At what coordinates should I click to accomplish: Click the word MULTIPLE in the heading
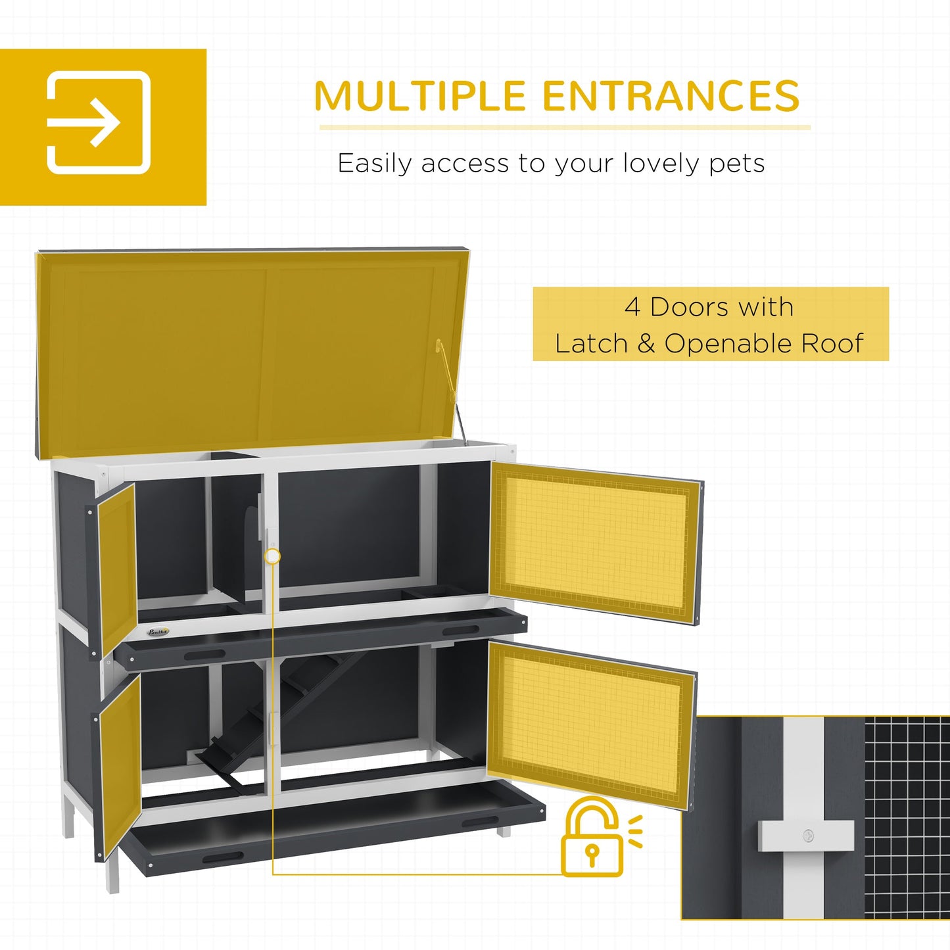click(420, 96)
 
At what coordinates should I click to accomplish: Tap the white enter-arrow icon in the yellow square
click(99, 122)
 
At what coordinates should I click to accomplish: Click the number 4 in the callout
click(632, 307)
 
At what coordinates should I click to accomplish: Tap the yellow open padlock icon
click(592, 838)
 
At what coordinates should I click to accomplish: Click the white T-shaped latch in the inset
click(806, 835)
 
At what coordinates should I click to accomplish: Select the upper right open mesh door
click(595, 542)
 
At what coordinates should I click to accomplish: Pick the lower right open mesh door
click(590, 723)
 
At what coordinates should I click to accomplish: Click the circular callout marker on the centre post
click(272, 556)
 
